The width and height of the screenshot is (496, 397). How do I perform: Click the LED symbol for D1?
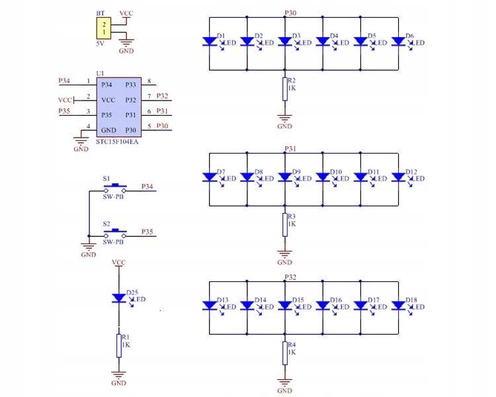[x=209, y=41]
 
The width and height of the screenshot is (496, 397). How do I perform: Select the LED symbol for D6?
[x=399, y=41]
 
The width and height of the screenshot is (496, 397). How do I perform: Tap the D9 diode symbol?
[x=284, y=177]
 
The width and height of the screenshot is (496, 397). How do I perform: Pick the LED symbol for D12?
[x=399, y=177]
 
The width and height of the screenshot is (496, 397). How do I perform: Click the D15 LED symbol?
[x=284, y=305]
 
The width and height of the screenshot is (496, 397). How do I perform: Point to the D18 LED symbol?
[x=399, y=305]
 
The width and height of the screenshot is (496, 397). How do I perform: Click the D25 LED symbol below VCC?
[x=119, y=298]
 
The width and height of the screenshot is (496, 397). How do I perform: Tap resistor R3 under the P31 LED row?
[x=284, y=224]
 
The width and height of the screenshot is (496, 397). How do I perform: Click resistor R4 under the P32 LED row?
[x=284, y=353]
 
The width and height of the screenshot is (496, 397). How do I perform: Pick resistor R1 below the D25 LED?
[x=119, y=345]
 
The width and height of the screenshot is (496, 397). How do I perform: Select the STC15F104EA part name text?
[x=117, y=141]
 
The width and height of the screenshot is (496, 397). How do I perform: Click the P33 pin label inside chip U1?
[x=130, y=85]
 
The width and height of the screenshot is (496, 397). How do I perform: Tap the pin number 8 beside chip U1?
[x=149, y=81]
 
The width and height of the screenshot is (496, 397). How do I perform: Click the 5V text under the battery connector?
[x=101, y=43]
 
